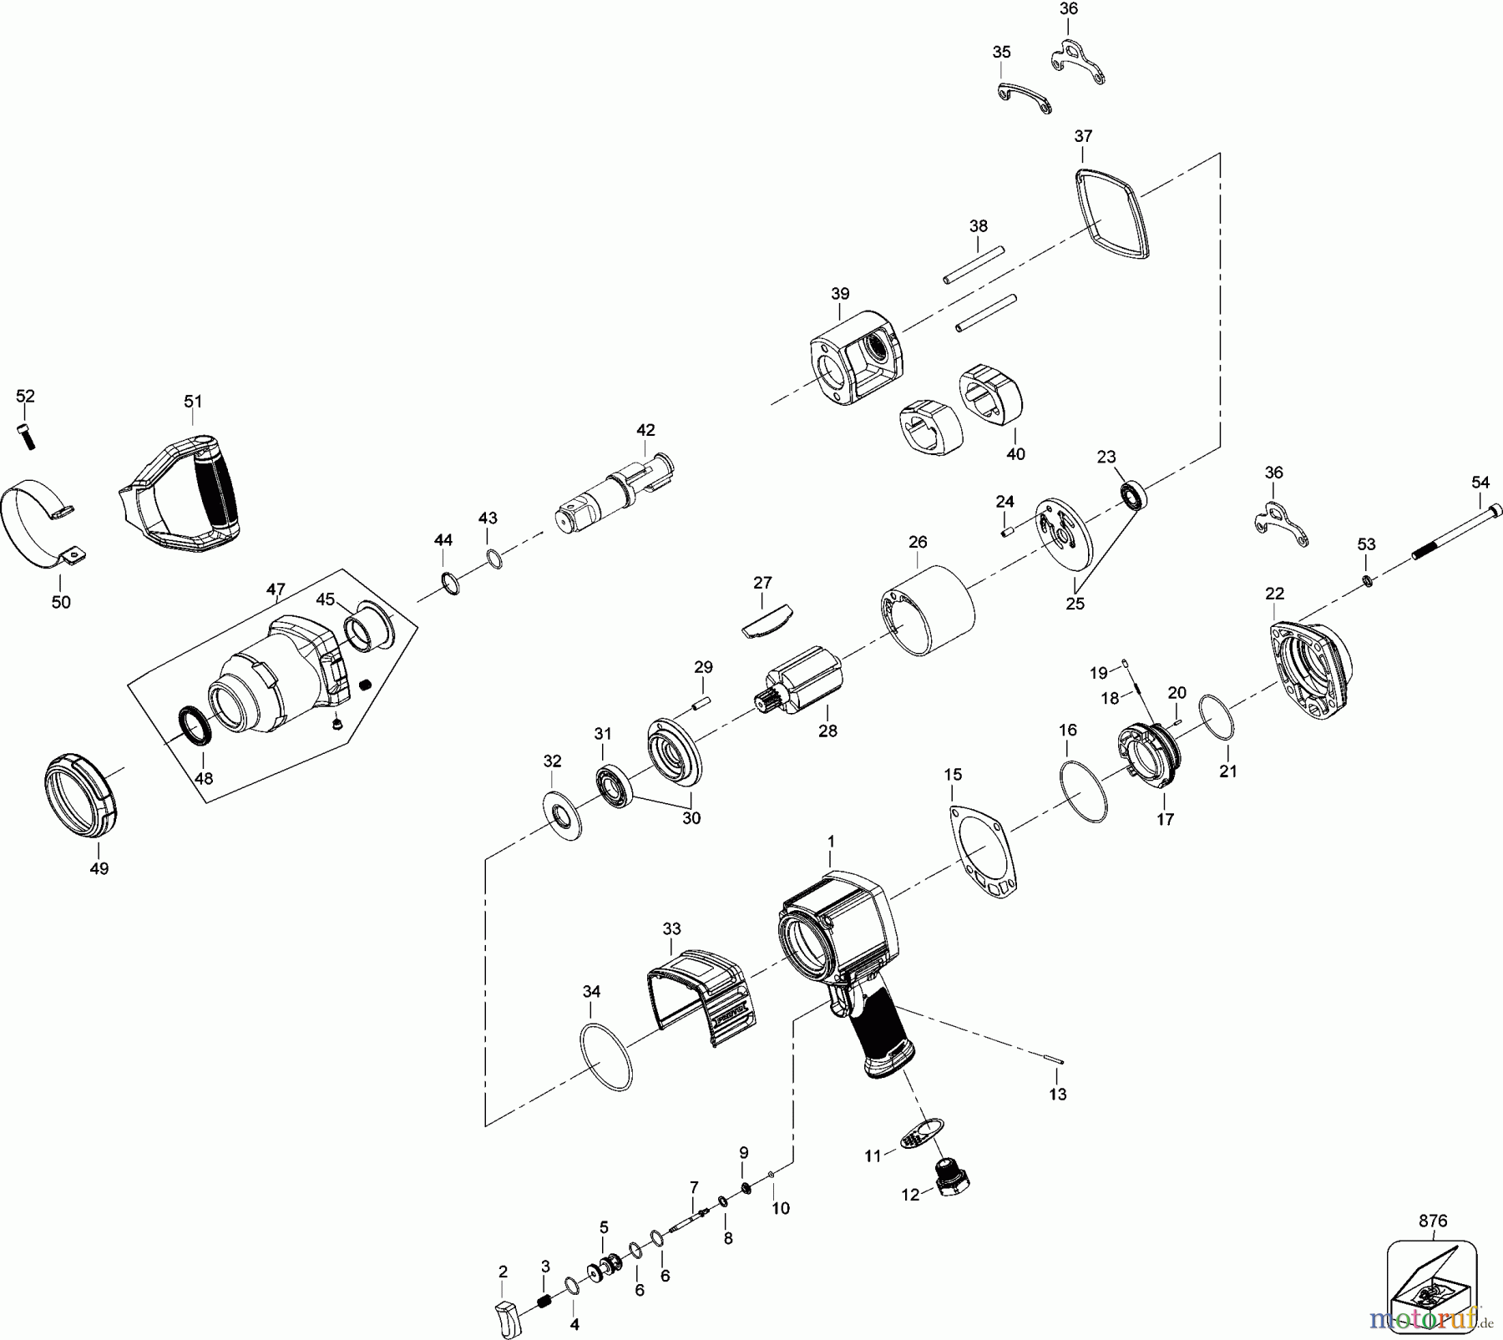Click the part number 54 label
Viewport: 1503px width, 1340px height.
click(x=1480, y=483)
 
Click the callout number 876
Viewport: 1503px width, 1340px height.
click(x=1433, y=1221)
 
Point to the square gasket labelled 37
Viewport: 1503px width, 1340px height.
click(x=1111, y=213)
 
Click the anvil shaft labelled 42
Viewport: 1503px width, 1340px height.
click(x=615, y=498)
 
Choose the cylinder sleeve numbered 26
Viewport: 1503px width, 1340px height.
click(x=927, y=609)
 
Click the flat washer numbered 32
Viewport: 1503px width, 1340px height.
click(x=562, y=815)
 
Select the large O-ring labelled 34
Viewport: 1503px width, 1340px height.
click(x=605, y=1057)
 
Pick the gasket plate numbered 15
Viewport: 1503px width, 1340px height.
click(x=985, y=852)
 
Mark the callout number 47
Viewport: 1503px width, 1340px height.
click(x=276, y=589)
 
